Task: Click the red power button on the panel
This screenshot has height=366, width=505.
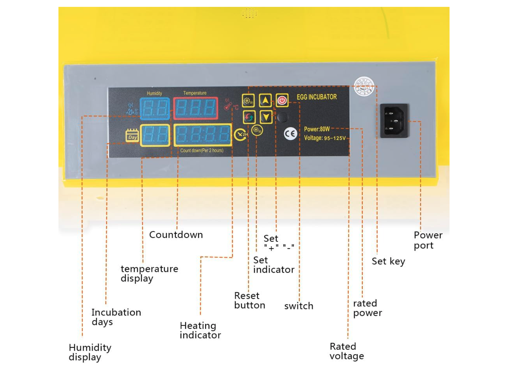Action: [282, 100]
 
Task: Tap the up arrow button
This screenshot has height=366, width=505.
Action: [265, 100]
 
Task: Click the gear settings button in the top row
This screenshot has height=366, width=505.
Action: [248, 100]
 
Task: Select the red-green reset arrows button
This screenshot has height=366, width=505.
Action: [249, 117]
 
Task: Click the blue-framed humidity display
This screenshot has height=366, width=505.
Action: [155, 108]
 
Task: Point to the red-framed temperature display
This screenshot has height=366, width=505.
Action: [195, 108]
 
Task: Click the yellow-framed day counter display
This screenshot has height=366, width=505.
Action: [155, 135]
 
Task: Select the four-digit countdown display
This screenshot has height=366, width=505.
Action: [203, 135]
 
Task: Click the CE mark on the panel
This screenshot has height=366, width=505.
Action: [290, 134]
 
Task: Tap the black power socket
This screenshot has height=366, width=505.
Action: [394, 121]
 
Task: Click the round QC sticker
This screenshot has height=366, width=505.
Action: [364, 87]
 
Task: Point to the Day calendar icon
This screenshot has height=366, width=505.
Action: [132, 135]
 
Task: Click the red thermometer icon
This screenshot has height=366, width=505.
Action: [228, 105]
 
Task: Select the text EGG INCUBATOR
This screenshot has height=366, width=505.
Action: [317, 97]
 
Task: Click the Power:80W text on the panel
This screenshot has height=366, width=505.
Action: [317, 129]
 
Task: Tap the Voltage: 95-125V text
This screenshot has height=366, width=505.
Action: [325, 138]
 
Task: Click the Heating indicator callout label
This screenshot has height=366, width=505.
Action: [200, 330]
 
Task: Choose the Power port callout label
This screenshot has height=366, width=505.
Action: [428, 240]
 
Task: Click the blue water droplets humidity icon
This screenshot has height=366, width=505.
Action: [132, 109]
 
